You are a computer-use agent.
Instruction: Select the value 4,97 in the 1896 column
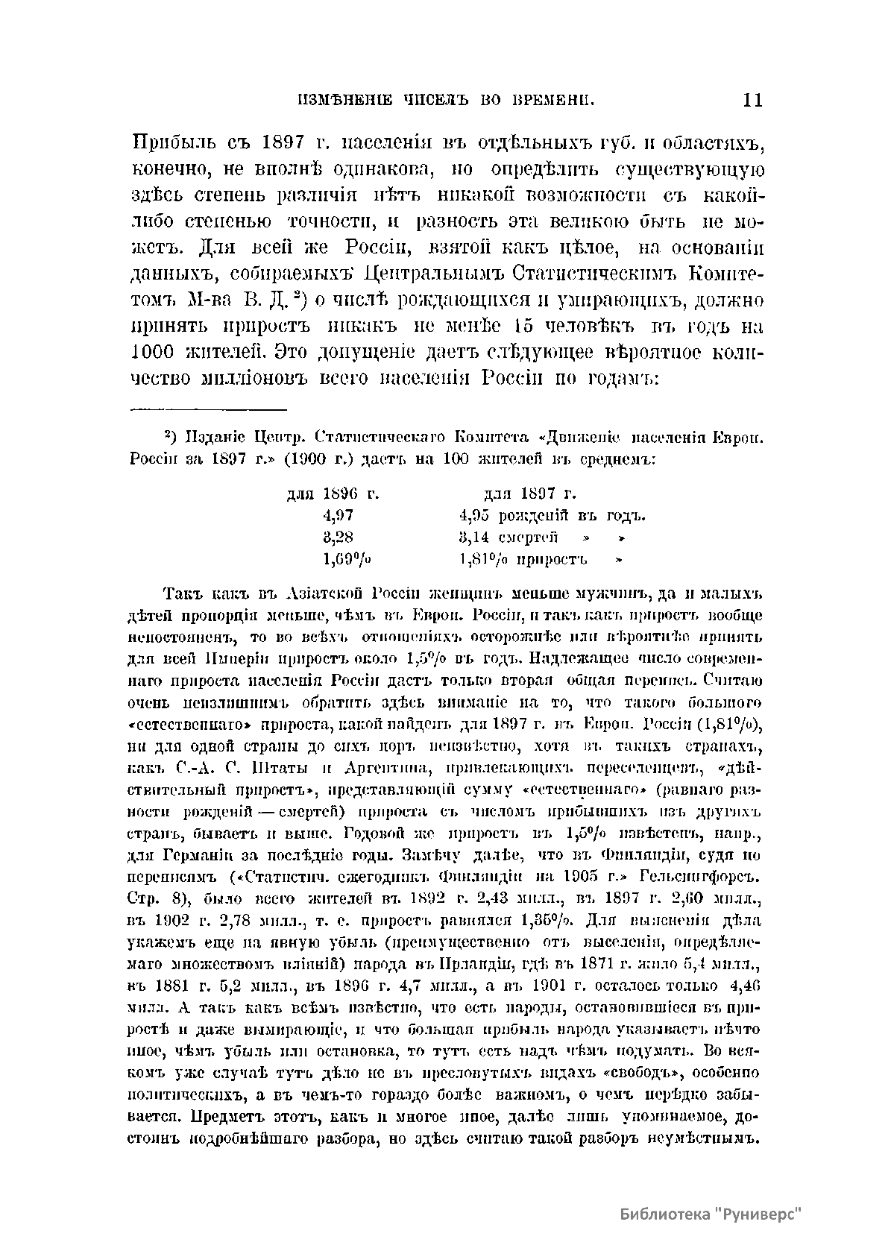338,515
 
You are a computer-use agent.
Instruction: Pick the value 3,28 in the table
338,537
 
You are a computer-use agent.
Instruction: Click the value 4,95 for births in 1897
474,515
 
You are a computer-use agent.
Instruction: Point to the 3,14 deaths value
474,537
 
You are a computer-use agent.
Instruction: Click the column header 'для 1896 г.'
333,494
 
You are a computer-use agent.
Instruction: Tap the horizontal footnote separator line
209,409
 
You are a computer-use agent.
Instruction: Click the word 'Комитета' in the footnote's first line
497,437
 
